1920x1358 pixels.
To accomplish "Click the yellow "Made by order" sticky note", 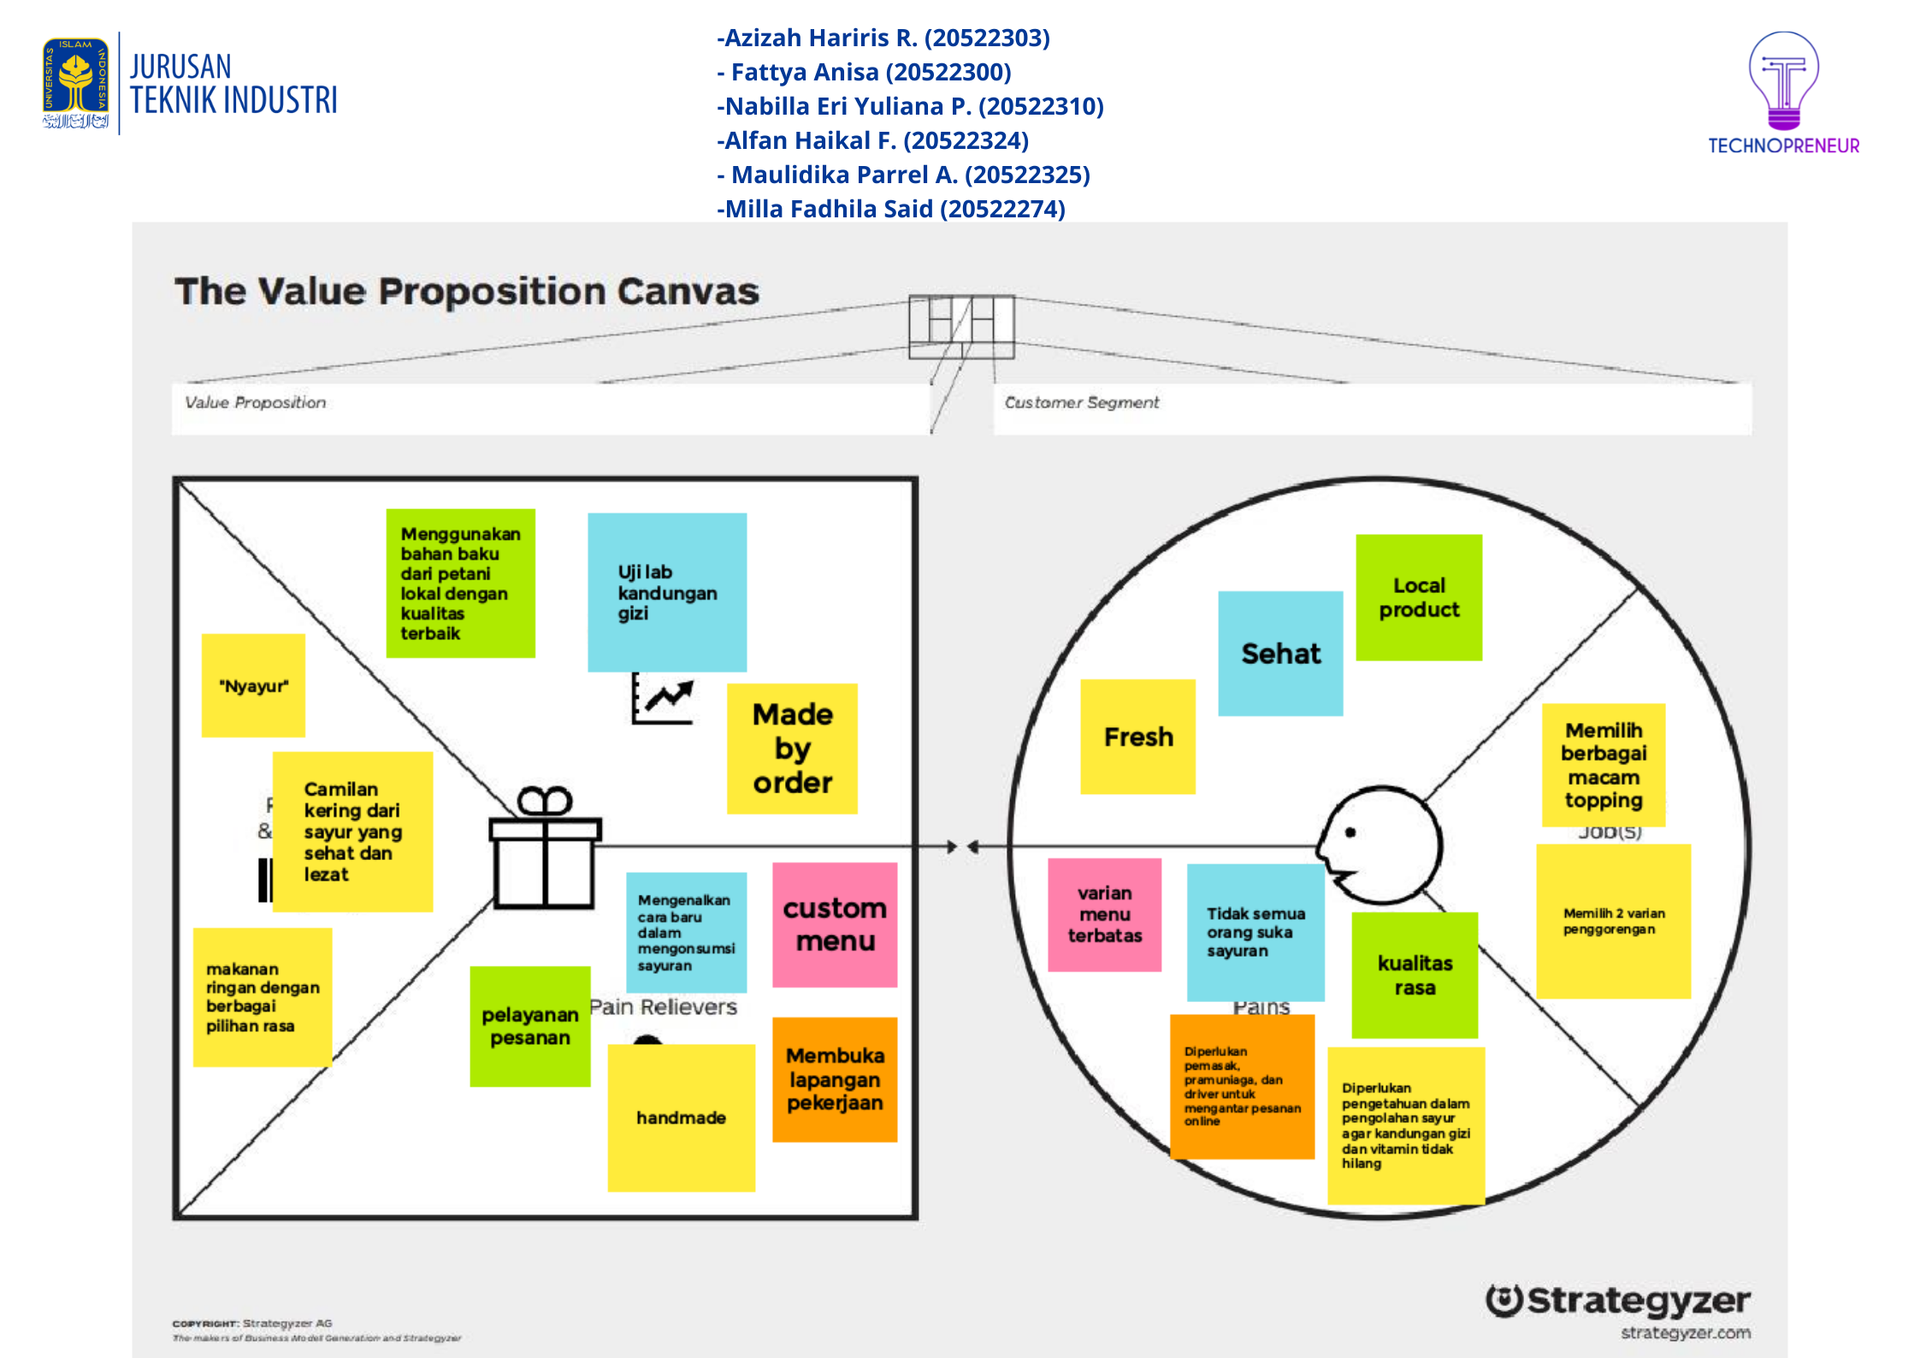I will [792, 748].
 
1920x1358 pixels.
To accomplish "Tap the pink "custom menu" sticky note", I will [835, 924].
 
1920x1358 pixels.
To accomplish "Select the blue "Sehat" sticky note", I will [1280, 653].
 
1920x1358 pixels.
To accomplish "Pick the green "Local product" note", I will [1419, 597].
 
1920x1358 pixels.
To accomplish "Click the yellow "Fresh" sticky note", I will [1137, 737].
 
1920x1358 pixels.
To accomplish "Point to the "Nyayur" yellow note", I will [253, 685].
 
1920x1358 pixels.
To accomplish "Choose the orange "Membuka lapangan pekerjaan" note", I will [835, 1079].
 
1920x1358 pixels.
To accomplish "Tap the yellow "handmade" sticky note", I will [681, 1118].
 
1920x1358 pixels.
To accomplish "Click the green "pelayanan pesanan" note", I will [530, 1026].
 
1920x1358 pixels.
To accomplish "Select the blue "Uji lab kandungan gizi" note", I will [667, 592].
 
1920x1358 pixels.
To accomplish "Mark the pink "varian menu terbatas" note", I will [1104, 915].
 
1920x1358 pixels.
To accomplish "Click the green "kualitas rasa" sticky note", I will [1415, 975].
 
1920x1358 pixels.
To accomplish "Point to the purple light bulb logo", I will [1783, 81].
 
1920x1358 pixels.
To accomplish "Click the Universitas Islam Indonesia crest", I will [76, 83].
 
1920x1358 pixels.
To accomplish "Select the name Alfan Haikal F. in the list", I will [872, 140].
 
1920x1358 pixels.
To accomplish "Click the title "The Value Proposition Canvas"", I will [466, 292].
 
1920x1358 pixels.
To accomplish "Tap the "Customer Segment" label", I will [1081, 402].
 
